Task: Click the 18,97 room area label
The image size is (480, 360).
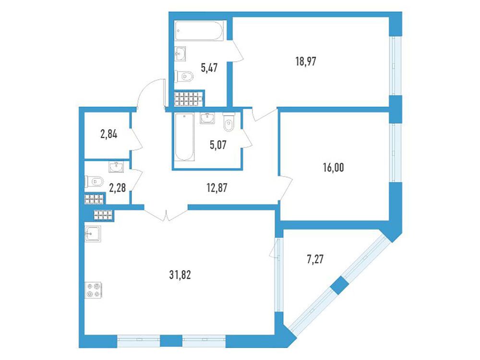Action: pos(305,61)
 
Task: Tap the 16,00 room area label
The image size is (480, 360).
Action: pos(333,168)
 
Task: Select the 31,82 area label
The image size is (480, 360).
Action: pos(180,275)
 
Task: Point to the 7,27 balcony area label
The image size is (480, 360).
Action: pos(315,260)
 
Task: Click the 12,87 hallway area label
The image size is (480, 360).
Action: pos(217,188)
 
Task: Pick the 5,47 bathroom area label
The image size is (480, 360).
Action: pos(209,68)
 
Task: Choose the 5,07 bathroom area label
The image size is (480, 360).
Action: pos(218,145)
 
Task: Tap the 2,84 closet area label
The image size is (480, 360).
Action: pos(108,134)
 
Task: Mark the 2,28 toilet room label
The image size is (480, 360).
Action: pos(117,187)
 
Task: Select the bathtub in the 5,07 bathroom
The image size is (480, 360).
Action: pos(184,136)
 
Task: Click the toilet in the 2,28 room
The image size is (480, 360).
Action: pos(94,181)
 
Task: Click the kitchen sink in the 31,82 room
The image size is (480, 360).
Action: pos(93,234)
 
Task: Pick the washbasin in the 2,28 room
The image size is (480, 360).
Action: pos(116,167)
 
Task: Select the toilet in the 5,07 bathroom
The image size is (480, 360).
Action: pos(228,122)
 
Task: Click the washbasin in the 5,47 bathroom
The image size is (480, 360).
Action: pos(180,54)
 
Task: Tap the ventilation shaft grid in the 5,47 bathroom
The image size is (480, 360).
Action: pos(188,98)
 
